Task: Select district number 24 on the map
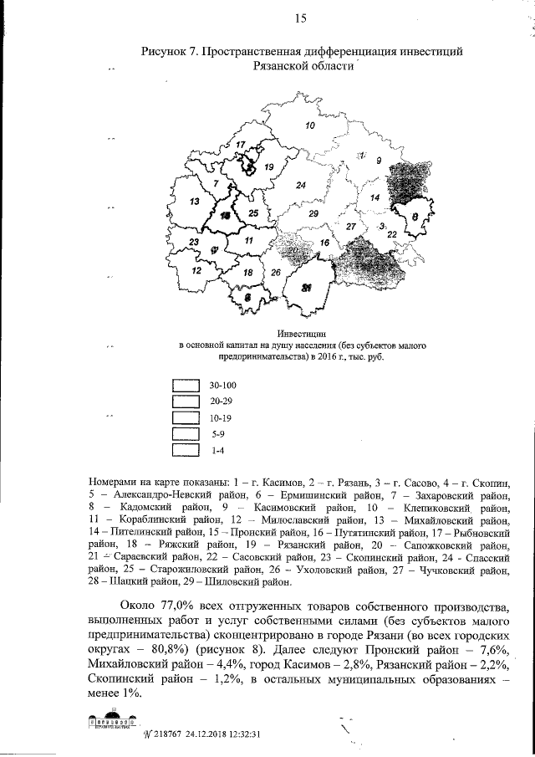(x=300, y=185)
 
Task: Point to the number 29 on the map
(x=313, y=214)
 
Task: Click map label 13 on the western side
(x=194, y=202)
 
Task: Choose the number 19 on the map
(x=268, y=167)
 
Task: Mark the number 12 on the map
(x=197, y=271)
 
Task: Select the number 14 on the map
(x=375, y=197)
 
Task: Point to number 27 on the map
(x=351, y=228)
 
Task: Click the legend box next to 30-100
(x=185, y=386)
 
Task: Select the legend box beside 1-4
(x=185, y=450)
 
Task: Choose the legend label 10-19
(x=222, y=417)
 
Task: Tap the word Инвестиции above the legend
(x=301, y=334)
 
